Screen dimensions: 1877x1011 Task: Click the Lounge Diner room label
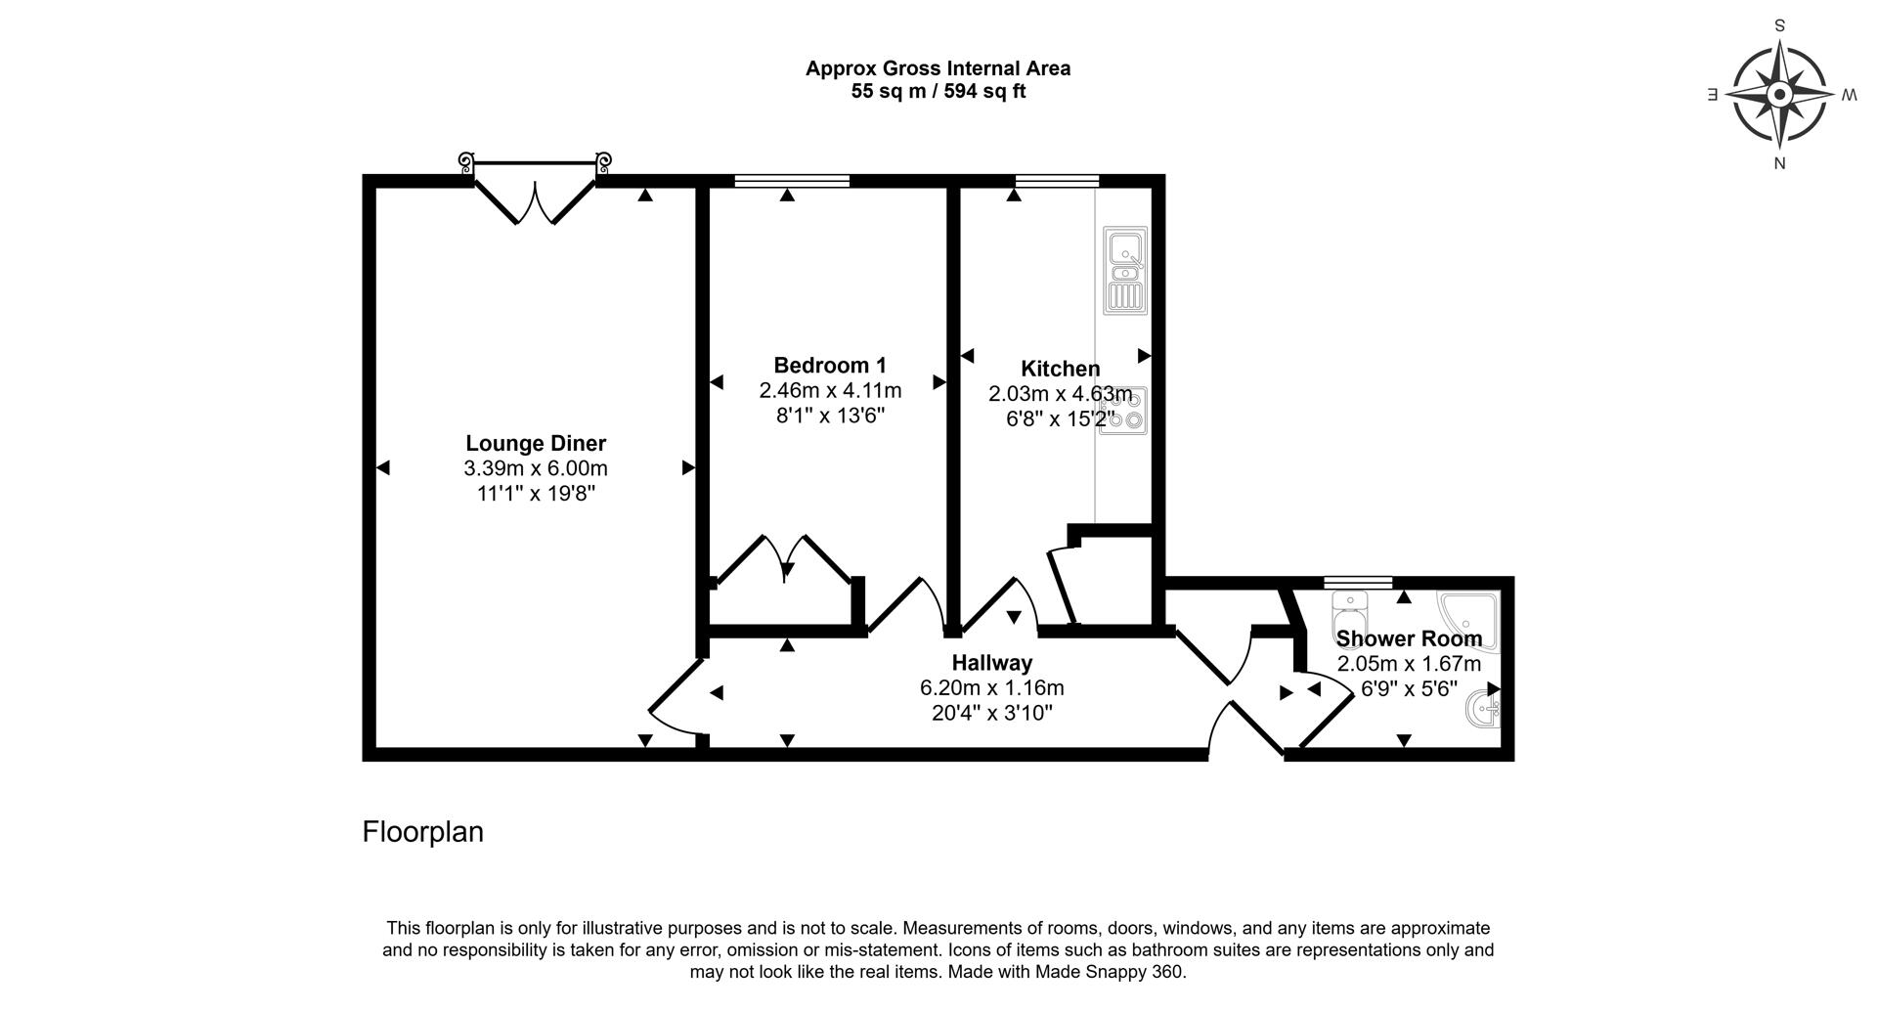[536, 443]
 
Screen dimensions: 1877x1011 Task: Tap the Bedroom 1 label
[830, 366]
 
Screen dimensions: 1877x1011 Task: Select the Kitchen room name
[1061, 369]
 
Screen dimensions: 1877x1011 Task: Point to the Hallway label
[992, 663]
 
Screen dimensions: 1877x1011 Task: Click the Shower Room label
[1409, 638]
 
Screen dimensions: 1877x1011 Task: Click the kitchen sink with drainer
[1124, 271]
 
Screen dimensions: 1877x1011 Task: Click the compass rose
[1779, 95]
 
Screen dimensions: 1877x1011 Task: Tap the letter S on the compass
[1779, 26]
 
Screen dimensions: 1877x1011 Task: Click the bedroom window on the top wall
[792, 180]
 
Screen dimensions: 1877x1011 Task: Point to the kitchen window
[1057, 180]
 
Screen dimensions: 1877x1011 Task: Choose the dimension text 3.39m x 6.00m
[536, 468]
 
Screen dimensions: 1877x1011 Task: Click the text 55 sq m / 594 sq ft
[938, 92]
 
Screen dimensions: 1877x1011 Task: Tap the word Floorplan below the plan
[423, 832]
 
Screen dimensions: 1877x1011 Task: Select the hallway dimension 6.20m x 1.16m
[992, 688]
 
